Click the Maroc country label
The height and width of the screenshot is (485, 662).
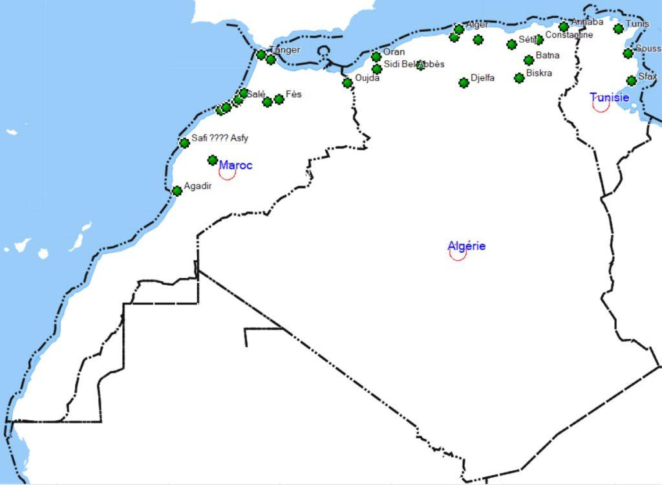235,165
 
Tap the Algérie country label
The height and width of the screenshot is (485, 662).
466,246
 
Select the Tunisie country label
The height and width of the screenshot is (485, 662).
609,97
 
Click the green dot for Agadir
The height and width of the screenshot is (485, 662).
177,191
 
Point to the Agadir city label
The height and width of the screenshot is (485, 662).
198,186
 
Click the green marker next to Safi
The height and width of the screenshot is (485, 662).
184,143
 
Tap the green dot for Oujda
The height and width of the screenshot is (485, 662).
347,83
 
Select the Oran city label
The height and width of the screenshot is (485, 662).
394,52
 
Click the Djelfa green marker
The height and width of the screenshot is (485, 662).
464,83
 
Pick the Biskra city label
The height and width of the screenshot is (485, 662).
539,73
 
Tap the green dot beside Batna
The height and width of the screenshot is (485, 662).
529,60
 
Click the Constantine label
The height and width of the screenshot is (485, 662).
569,35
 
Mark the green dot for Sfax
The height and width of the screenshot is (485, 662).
632,81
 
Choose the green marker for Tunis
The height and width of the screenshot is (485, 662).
619,28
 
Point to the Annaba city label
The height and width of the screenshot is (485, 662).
587,22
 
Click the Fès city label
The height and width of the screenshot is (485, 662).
294,94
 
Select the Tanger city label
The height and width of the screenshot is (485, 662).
285,50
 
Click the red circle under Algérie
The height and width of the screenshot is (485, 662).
458,253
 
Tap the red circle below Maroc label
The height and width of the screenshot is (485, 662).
227,172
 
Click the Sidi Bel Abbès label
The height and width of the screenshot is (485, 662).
414,64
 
